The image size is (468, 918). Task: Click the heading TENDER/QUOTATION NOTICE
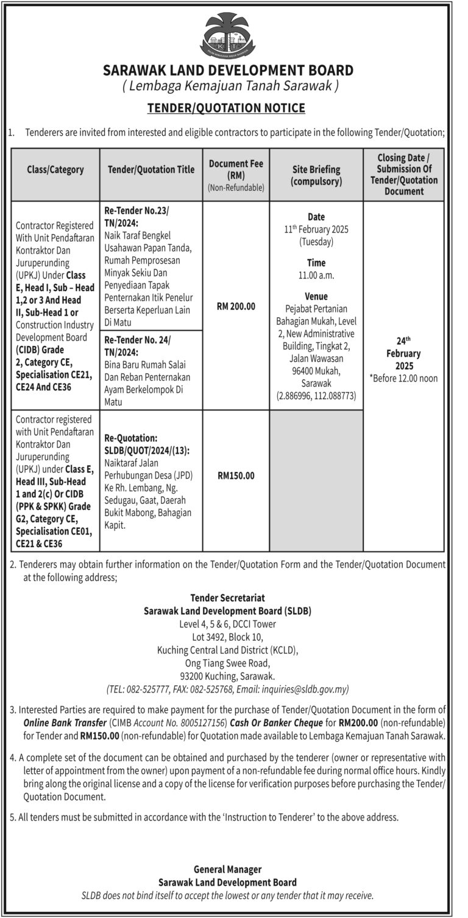coord(227,108)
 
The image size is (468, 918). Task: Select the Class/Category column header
coord(55,170)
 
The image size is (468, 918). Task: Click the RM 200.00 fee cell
coord(236,306)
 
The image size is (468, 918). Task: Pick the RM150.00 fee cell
coord(236,476)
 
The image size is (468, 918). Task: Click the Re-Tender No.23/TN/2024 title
coord(138,216)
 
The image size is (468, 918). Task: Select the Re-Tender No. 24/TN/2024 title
coord(137,345)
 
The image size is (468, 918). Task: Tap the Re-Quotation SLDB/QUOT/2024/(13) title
coord(146,444)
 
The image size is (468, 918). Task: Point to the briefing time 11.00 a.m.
coord(316,275)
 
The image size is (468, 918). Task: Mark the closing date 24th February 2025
coord(403,353)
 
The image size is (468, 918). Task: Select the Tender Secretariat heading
coord(227,598)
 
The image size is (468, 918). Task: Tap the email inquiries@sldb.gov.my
coord(305,690)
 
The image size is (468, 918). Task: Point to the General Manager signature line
coord(227,869)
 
